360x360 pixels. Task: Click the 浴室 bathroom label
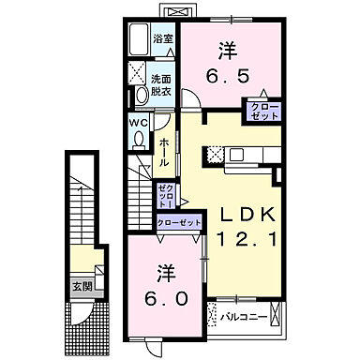163,37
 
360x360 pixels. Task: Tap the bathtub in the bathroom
141,39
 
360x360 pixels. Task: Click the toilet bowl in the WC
139,139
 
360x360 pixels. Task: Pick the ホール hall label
164,151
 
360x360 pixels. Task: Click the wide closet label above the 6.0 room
178,222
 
